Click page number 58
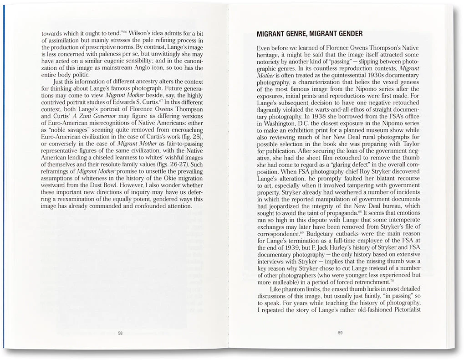coord(120,333)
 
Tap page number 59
coord(340,333)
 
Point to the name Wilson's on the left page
coord(142,34)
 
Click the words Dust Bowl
coord(102,186)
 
